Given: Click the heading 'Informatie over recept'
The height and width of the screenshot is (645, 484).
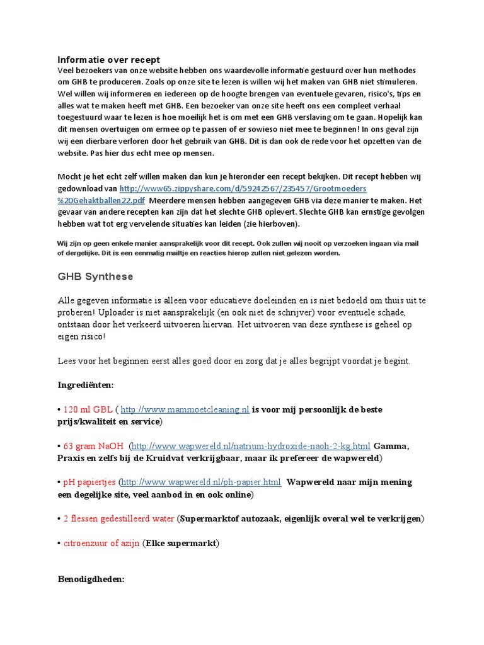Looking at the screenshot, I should click(108, 60).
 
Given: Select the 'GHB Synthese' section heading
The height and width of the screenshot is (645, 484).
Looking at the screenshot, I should click(95, 277).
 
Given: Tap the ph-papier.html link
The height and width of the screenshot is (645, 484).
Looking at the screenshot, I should click(201, 482).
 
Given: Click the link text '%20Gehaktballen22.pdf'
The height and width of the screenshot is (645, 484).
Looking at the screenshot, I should click(101, 200).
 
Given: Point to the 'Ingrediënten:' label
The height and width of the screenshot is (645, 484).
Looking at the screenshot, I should click(86, 385).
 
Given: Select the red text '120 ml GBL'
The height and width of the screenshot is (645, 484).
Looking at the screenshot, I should click(87, 410).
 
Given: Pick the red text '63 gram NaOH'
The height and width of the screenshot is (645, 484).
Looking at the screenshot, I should click(93, 447).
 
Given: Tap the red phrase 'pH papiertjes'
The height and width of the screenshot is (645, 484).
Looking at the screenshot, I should click(89, 482).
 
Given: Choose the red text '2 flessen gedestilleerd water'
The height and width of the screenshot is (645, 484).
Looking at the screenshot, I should click(118, 519).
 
